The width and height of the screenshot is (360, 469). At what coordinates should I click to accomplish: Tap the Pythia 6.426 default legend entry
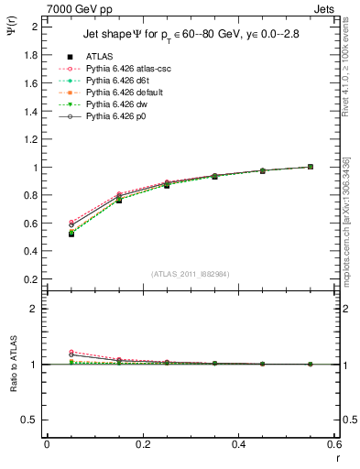coord(126,93)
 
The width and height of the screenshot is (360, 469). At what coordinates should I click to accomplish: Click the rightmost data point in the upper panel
coord(311,167)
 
